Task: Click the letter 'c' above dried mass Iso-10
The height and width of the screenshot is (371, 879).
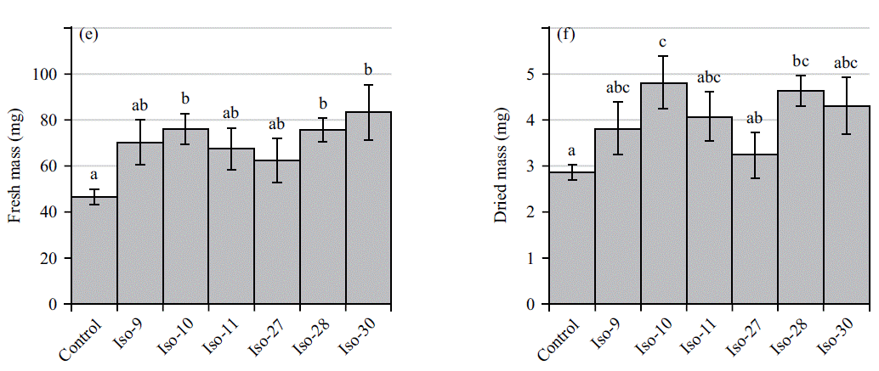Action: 663,42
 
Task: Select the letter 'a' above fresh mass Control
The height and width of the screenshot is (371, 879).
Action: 94,177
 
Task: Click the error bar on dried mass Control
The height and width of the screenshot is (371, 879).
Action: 572,172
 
